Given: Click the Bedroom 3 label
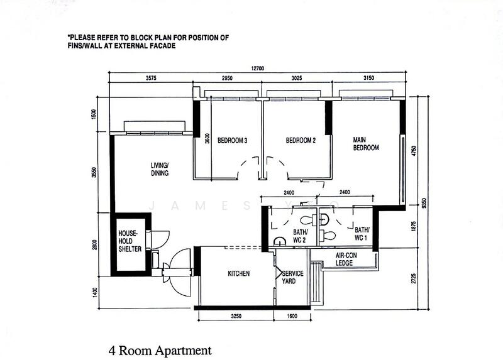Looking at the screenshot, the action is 232,140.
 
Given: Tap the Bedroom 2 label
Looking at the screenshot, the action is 301,140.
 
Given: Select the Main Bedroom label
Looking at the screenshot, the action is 366,144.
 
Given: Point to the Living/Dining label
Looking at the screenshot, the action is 160,169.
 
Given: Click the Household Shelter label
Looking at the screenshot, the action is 130,241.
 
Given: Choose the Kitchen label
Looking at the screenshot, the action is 239,273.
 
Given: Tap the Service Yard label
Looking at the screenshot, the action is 292,277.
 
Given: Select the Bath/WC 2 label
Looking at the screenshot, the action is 301,236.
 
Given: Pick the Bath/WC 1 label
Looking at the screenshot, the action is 362,234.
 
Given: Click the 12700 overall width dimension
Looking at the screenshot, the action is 258,68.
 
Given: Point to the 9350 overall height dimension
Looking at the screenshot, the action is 424,203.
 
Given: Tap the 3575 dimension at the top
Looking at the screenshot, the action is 151,78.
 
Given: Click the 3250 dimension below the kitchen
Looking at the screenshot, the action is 236,316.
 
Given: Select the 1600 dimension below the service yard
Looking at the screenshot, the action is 292,316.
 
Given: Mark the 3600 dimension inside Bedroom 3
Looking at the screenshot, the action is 207,138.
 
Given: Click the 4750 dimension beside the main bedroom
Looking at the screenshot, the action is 414,151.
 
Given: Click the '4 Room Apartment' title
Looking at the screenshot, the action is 160,351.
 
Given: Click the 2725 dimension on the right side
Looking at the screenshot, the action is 414,278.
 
